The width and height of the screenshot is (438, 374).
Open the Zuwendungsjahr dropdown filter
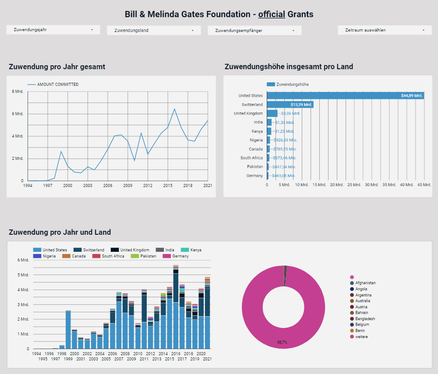53,30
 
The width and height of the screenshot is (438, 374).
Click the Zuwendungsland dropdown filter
154,31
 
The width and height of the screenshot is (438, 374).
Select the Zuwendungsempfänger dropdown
254,31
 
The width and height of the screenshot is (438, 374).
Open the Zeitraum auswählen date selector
385,30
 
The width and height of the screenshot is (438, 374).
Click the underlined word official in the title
272,14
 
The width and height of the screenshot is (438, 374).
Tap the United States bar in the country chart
346,95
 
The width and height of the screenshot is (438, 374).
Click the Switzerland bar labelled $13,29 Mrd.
290,105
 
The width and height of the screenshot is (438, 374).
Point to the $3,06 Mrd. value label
290,113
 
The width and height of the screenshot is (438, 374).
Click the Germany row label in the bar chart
254,176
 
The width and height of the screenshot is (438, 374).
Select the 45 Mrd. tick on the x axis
424,185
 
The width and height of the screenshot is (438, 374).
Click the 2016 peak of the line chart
174,109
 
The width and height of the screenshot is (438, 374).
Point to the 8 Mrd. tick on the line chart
18,92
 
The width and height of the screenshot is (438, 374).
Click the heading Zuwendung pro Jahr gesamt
57,67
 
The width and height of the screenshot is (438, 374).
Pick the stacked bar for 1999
68,330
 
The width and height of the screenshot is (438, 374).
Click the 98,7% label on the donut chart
282,342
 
